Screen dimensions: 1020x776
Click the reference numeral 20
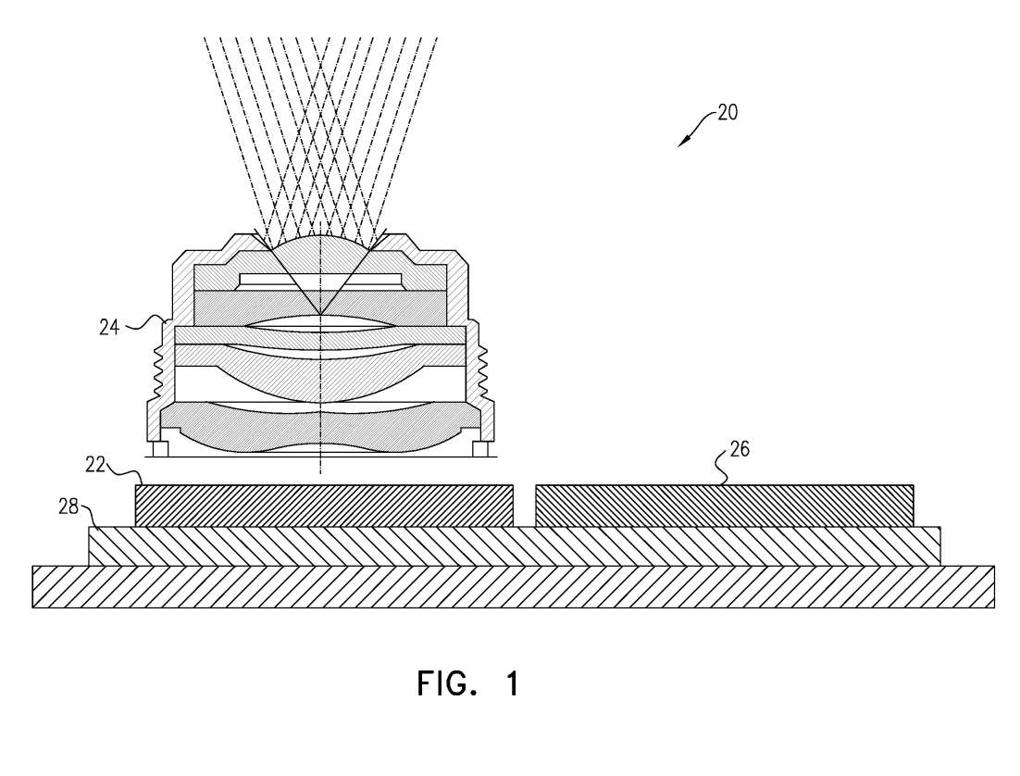pyautogui.click(x=728, y=113)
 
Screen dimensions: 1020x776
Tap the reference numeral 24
pyautogui.click(x=109, y=327)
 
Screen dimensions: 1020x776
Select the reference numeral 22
pyautogui.click(x=95, y=465)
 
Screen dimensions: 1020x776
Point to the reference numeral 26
pyautogui.click(x=739, y=448)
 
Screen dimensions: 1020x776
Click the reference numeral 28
pyautogui.click(x=68, y=506)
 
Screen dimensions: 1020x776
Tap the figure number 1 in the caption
pyautogui.click(x=513, y=683)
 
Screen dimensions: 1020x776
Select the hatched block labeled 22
pyautogui.click(x=324, y=506)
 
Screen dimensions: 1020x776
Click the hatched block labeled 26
pyautogui.click(x=724, y=506)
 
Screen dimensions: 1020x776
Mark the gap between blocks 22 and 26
pyautogui.click(x=524, y=506)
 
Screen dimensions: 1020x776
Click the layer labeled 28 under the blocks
pyautogui.click(x=514, y=546)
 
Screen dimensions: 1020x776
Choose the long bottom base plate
pyautogui.click(x=514, y=586)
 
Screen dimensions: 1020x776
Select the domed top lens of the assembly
pyautogui.click(x=319, y=244)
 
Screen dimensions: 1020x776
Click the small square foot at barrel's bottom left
pyautogui.click(x=159, y=450)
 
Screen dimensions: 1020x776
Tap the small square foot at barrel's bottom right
pyautogui.click(x=480, y=450)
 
